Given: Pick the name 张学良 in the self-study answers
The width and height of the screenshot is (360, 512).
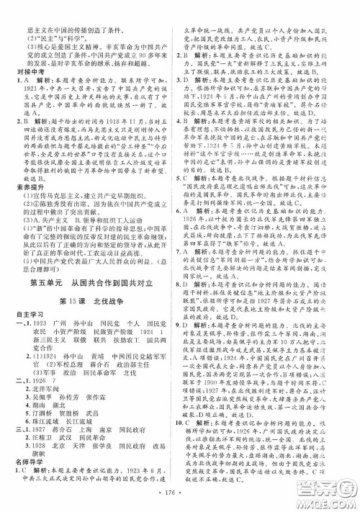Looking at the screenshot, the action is point(96,453).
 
